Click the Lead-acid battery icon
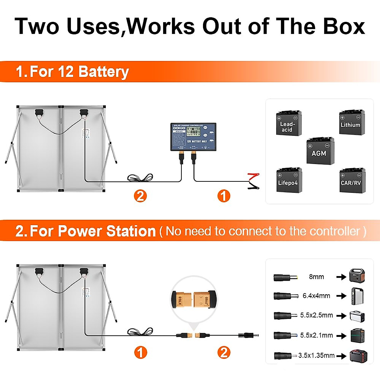pos(288,123)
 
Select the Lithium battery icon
pos(351,123)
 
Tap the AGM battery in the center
pos(320,151)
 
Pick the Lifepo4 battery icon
pos(289,180)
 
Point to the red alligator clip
pos(254,176)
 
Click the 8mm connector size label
pos(316,277)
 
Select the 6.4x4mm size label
pos(316,296)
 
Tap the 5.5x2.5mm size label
pos(316,315)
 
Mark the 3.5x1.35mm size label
pos(316,356)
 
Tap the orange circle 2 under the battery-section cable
pos(140,196)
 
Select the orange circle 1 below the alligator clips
pos(224,196)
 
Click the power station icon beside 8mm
pos(357,276)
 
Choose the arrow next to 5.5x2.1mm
pos(341,335)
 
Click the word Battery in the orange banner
pos(103,72)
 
